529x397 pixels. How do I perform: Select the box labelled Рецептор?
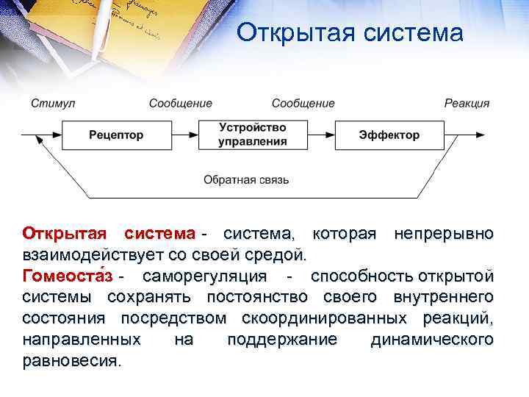click(x=116, y=135)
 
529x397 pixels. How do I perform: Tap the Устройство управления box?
click(x=252, y=135)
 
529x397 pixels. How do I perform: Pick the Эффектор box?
click(x=389, y=135)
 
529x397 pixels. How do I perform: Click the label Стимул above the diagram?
click(x=53, y=104)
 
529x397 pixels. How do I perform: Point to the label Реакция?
click(x=467, y=104)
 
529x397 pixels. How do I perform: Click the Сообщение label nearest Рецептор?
click(x=180, y=104)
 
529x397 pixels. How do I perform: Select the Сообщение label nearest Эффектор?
click(x=303, y=104)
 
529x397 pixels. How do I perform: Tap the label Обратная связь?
click(x=246, y=179)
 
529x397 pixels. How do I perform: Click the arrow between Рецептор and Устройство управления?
click(x=184, y=135)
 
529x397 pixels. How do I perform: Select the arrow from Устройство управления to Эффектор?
click(x=320, y=135)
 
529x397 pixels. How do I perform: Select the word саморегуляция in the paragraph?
click(x=204, y=276)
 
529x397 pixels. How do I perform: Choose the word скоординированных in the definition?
click(x=324, y=318)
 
